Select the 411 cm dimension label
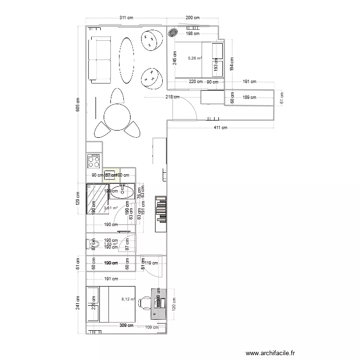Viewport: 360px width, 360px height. (x=220, y=128)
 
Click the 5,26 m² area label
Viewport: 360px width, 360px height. (x=194, y=59)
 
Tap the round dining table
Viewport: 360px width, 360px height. (x=117, y=117)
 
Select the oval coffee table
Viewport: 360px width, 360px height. (x=127, y=60)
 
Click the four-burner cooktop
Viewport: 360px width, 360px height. (x=95, y=161)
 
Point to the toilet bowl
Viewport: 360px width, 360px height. (x=93, y=245)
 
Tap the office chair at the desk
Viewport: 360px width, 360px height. (x=144, y=302)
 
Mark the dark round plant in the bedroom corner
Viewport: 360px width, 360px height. (x=173, y=33)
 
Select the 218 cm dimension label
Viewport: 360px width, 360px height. (x=172, y=97)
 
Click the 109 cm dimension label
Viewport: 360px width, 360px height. (x=152, y=327)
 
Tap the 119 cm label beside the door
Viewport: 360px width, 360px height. (x=152, y=263)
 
